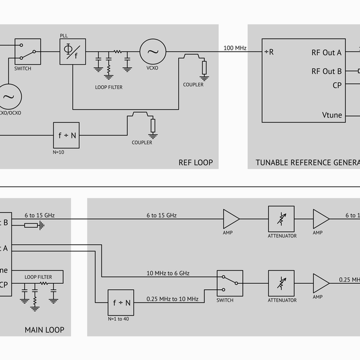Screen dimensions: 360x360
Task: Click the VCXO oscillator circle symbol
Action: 152,52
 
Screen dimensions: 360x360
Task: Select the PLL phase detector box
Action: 71,52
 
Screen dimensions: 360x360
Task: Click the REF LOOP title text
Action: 195,163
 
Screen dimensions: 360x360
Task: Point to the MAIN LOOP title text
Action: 44,330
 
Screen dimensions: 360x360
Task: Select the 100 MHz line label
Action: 235,48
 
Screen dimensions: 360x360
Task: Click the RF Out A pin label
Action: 326,52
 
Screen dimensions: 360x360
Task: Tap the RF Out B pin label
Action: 326,71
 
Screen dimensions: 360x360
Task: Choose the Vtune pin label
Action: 332,115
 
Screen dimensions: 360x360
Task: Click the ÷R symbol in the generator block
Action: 269,52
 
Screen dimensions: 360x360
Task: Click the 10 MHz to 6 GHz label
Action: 167,273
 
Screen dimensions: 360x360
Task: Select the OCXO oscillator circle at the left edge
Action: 8,96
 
